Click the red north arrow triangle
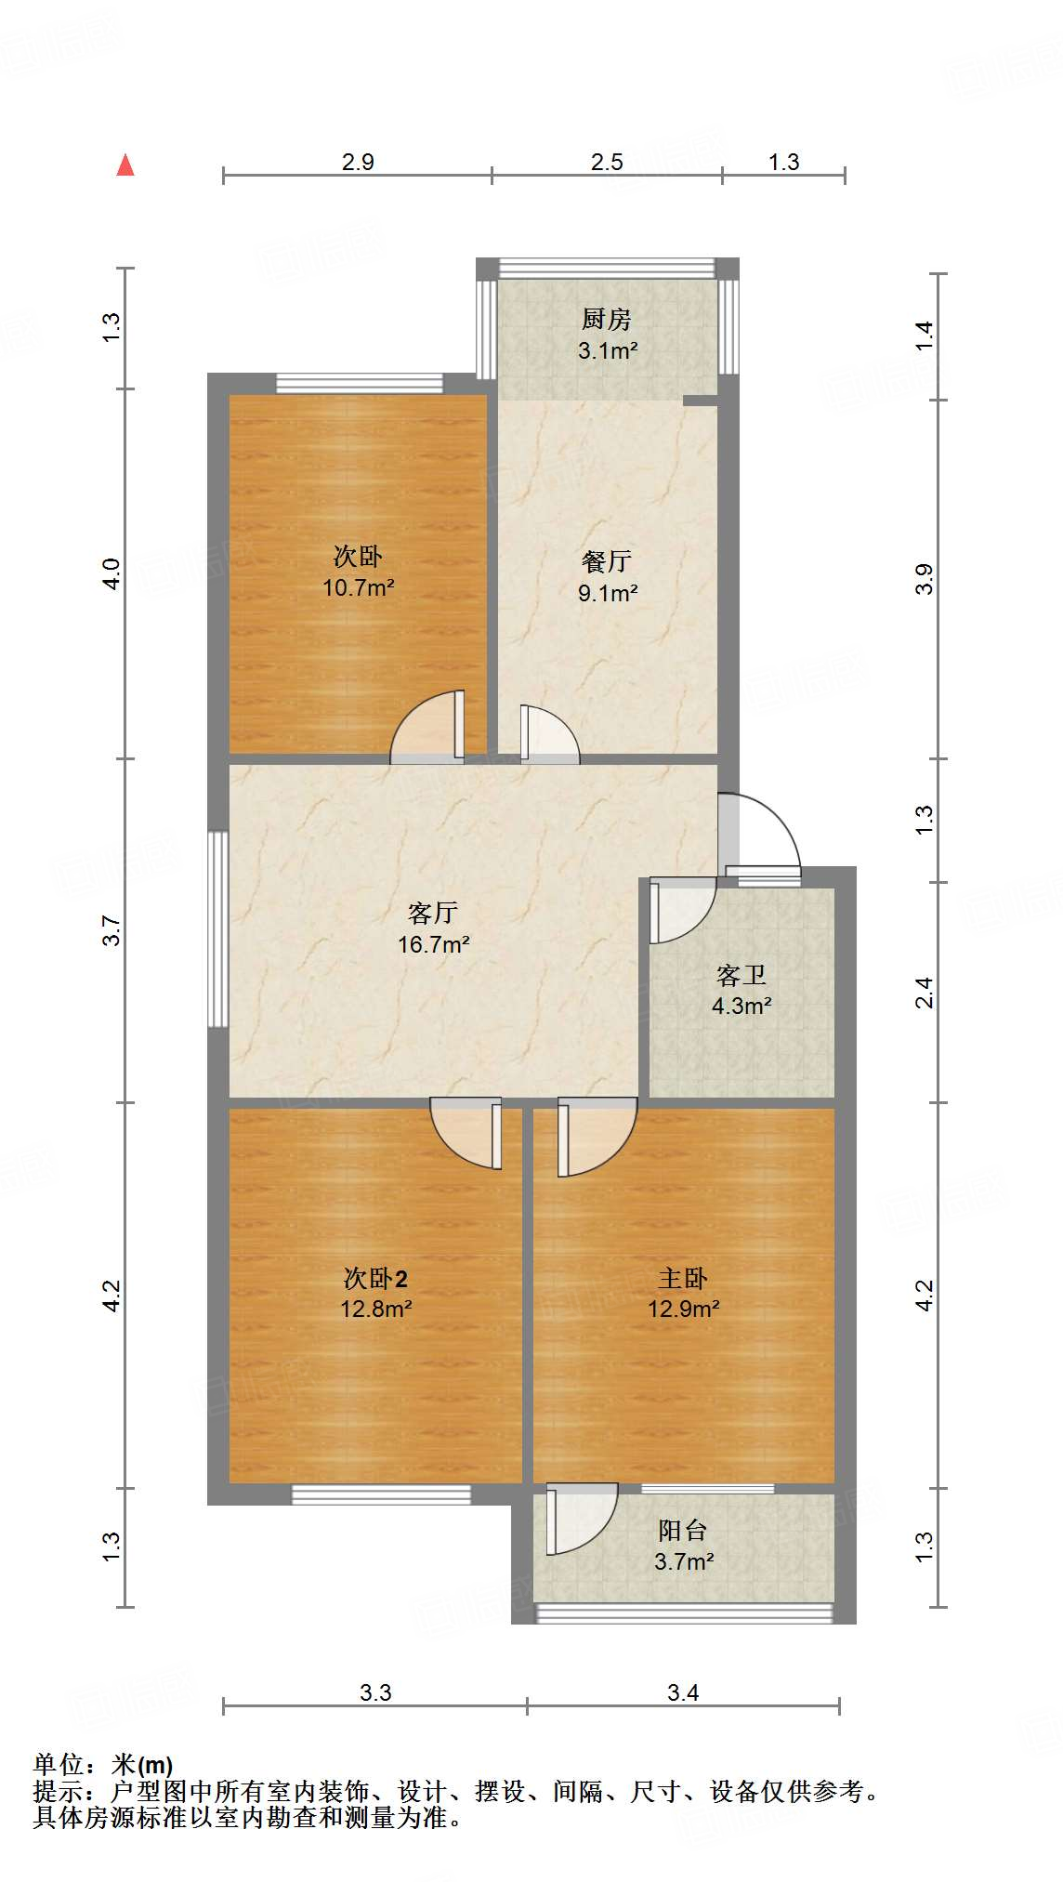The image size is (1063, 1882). [125, 166]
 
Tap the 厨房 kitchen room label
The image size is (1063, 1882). [607, 320]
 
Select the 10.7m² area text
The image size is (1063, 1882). [359, 588]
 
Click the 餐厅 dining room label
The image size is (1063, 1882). [607, 561]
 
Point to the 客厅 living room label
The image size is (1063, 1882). [433, 913]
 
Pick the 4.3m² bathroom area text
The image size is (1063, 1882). [741, 1007]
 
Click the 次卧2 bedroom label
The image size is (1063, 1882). [375, 1279]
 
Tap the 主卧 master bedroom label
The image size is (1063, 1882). [683, 1279]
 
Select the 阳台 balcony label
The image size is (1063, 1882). [683, 1530]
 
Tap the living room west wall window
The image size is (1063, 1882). [218, 928]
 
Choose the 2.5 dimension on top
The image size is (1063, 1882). [607, 163]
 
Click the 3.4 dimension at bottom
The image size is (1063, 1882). [683, 1692]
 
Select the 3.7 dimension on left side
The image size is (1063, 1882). [112, 930]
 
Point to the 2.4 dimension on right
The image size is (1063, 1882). [924, 993]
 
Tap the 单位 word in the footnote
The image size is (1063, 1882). [58, 1764]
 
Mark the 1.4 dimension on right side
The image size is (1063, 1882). [924, 336]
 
